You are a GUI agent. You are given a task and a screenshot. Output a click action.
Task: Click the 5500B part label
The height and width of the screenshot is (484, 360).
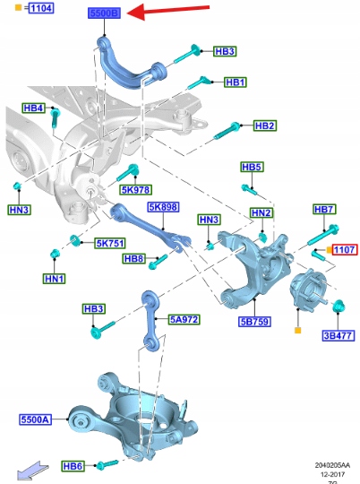(x=104, y=13)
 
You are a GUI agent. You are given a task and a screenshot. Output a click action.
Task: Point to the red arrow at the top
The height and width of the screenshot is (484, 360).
(x=168, y=11)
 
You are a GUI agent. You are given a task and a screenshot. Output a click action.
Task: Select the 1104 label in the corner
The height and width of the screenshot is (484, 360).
(x=41, y=8)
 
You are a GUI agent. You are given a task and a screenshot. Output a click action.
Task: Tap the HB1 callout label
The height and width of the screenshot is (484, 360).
(x=235, y=82)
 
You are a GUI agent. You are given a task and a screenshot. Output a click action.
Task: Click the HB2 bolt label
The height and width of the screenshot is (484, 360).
(x=265, y=125)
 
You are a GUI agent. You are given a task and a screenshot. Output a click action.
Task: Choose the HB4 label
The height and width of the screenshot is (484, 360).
(x=34, y=108)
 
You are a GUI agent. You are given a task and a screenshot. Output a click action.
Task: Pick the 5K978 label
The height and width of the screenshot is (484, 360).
(x=136, y=189)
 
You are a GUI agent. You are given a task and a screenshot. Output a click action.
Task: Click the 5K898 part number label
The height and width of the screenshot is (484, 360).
(x=164, y=207)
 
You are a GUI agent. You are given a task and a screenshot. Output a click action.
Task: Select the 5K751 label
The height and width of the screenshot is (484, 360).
(x=110, y=243)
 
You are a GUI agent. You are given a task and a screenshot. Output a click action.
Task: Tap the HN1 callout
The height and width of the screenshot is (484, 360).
(x=55, y=279)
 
